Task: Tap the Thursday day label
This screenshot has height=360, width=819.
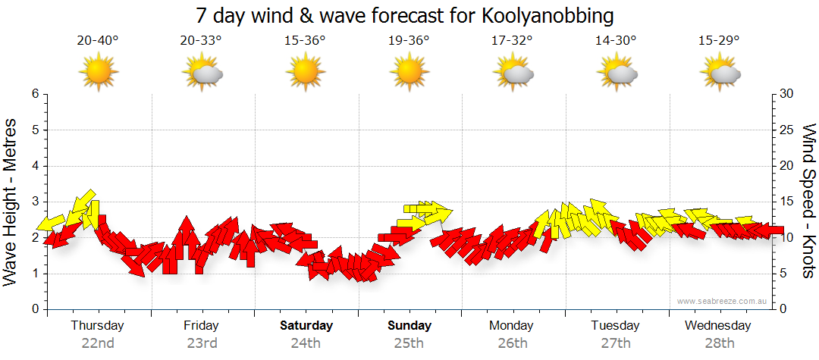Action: click(x=97, y=325)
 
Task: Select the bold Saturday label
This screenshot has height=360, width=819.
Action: click(x=306, y=325)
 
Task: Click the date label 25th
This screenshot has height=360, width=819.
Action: click(x=409, y=343)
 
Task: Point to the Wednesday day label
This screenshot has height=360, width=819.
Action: click(x=717, y=325)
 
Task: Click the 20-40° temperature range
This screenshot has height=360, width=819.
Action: click(x=98, y=41)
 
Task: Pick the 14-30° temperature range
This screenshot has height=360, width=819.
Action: click(x=616, y=41)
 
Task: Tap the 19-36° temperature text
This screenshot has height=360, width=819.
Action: click(x=409, y=41)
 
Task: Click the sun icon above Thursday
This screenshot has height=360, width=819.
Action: click(x=99, y=73)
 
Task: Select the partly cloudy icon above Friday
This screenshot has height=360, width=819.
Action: click(x=202, y=73)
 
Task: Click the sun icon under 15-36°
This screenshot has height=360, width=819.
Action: click(x=305, y=73)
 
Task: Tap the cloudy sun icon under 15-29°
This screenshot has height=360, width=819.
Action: click(x=720, y=73)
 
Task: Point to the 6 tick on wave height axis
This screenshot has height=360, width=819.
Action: click(x=35, y=94)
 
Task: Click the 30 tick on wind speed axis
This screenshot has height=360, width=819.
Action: click(x=786, y=94)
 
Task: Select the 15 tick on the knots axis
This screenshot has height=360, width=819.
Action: click(x=786, y=202)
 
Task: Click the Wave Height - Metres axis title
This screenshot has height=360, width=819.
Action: click(x=11, y=202)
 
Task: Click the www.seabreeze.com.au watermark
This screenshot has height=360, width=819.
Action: click(x=723, y=301)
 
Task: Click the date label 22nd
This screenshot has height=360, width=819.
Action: click(x=97, y=343)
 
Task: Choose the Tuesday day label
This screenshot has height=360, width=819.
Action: click(x=615, y=325)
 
